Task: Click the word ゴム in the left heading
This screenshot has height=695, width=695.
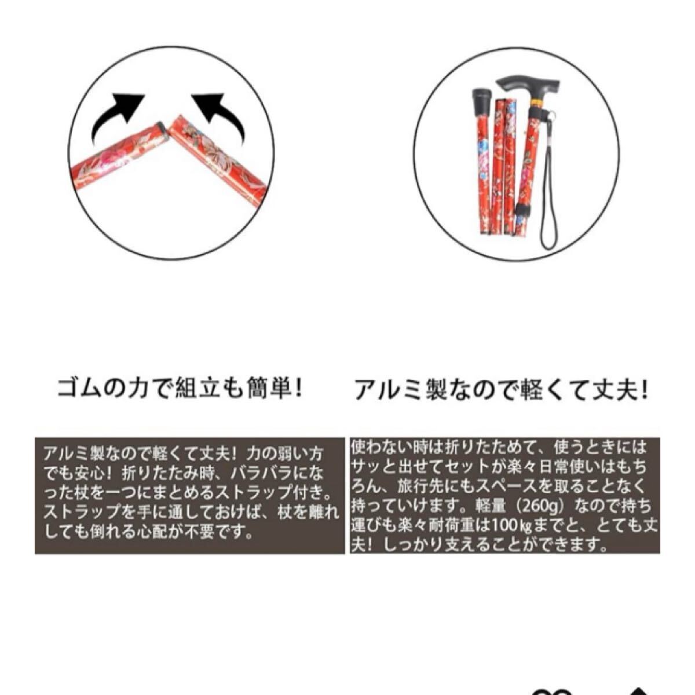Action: click(75, 389)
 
